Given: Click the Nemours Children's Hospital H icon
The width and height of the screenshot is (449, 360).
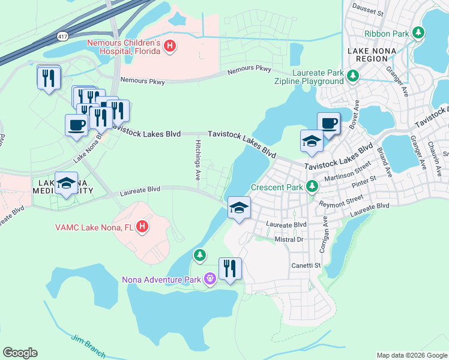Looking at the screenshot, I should coord(170,46).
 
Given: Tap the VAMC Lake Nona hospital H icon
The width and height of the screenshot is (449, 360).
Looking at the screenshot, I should coord(142,227).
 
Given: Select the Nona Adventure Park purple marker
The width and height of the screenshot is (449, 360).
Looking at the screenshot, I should coord(209,279).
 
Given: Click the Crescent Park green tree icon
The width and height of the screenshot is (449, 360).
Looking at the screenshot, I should coord(312,187).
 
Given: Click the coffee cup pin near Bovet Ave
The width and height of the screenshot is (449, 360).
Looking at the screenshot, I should coord(328,124).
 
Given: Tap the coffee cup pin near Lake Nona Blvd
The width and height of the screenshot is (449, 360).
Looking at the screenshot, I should coord(76,125).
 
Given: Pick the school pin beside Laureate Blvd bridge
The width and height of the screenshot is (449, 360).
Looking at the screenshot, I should coord(239,208).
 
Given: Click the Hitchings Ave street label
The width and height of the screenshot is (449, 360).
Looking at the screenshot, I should coord(197,160).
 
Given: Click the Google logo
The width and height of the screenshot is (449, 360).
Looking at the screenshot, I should coord(20,353).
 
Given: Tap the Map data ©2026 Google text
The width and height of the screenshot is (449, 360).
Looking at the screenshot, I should coord(411,355).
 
